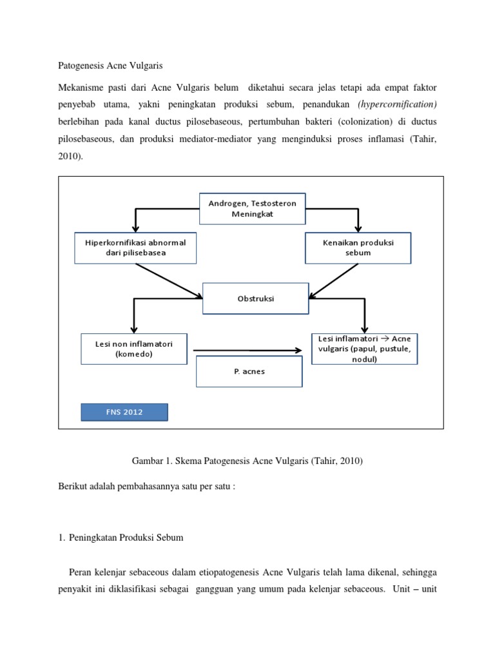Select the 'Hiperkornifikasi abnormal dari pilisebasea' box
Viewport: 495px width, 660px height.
(x=135, y=247)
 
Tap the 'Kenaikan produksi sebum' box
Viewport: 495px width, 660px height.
(x=358, y=247)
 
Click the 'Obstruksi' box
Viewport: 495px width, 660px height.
(x=256, y=298)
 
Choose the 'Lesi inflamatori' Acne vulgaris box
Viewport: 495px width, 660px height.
(x=365, y=349)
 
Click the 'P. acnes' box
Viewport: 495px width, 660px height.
(x=249, y=371)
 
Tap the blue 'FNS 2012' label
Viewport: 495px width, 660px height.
(x=124, y=412)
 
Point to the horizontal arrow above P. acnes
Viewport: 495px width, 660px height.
(x=247, y=351)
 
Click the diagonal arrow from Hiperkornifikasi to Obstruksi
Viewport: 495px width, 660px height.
(x=169, y=280)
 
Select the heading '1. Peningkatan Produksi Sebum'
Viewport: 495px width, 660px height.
(x=121, y=538)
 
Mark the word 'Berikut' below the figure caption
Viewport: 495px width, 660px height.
(x=72, y=486)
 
